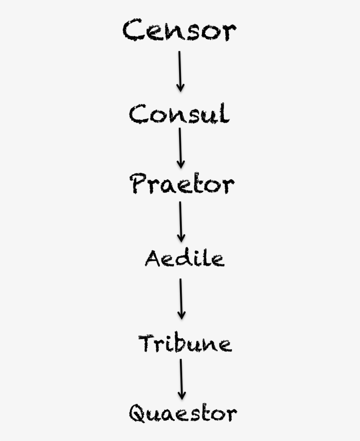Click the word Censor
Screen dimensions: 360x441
point(180,30)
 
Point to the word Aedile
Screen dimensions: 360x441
point(185,258)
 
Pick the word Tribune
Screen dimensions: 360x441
point(185,343)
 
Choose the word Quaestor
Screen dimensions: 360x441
point(183,413)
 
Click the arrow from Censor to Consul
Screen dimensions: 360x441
point(180,72)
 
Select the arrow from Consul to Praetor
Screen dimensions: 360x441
point(180,148)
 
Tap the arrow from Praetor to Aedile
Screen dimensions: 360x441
point(181,222)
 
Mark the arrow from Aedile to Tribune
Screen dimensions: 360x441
point(181,299)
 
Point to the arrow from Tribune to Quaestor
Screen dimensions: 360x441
point(182,379)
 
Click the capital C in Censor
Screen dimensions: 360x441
point(132,30)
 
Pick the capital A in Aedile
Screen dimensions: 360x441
point(153,258)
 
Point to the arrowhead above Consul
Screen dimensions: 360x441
point(180,87)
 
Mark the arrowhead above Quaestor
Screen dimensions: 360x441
point(182,395)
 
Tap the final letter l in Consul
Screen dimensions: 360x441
point(225,113)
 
